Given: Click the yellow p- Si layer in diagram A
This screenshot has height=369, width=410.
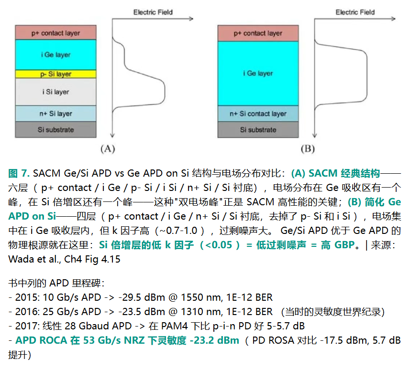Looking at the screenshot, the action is pyautogui.click(x=55, y=74).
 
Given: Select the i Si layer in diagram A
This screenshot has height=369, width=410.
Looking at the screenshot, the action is pyautogui.click(x=55, y=92).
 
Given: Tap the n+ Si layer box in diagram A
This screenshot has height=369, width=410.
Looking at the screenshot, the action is pyautogui.click(x=55, y=114).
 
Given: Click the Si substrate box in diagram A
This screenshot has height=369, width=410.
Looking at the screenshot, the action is pyautogui.click(x=55, y=129).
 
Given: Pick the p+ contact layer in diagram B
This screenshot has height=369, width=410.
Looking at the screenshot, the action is pyautogui.click(x=258, y=33).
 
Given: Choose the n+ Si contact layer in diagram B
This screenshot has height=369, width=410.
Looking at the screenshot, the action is pyautogui.click(x=258, y=114).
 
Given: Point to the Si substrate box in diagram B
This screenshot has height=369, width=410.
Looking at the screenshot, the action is pyautogui.click(x=258, y=129).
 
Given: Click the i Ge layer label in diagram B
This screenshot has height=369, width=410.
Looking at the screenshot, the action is pyautogui.click(x=258, y=74).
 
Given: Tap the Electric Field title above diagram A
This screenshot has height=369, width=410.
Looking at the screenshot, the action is pyautogui.click(x=153, y=12).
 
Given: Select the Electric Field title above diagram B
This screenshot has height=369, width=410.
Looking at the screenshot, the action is pyautogui.click(x=355, y=12).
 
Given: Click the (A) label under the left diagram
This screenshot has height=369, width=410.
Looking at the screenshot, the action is pyautogui.click(x=108, y=149).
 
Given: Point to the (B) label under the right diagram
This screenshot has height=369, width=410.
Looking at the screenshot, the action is pyautogui.click(x=308, y=149).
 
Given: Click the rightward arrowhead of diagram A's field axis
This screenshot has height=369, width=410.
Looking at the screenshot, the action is pyautogui.click(x=192, y=19).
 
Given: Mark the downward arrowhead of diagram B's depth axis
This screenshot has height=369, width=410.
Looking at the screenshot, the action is pyautogui.click(x=315, y=136).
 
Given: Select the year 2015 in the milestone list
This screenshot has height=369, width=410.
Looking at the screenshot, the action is pyautogui.click(x=26, y=297).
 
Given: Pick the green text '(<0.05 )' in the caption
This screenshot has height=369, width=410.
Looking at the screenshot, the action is pyautogui.click(x=220, y=245).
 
